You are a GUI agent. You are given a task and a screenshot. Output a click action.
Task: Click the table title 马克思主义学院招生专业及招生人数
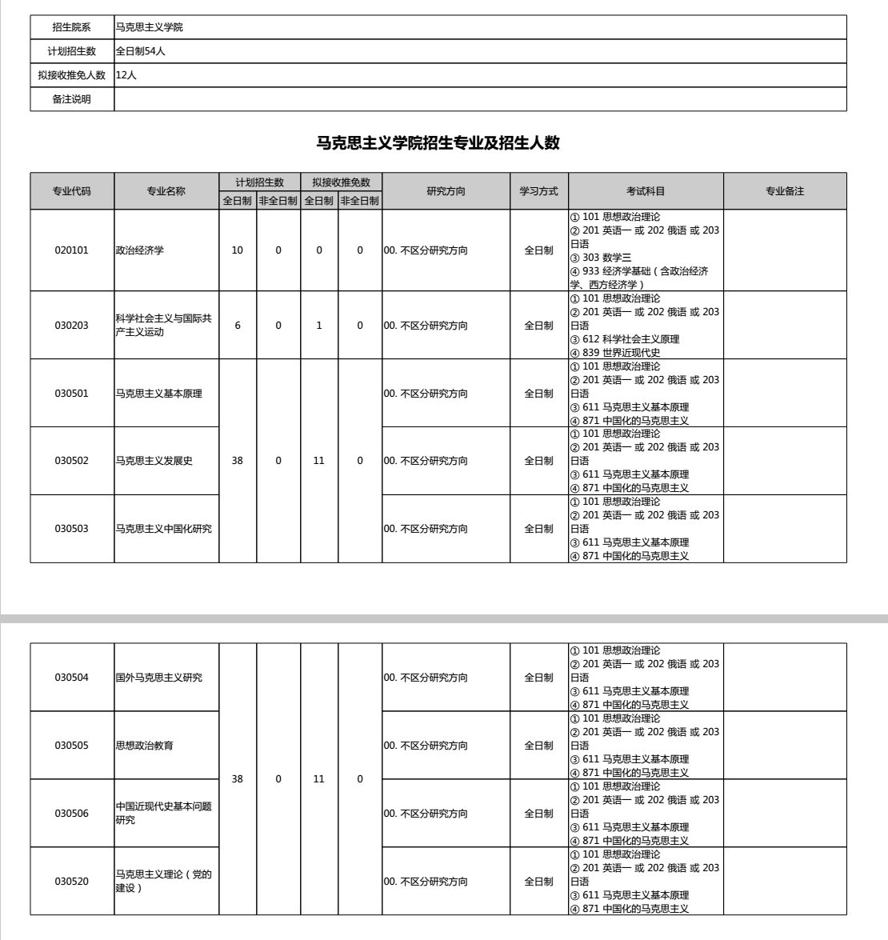point(438,144)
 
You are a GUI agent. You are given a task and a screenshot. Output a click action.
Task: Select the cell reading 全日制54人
point(141,51)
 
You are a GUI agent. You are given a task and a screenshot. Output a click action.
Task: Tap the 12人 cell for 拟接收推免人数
point(126,75)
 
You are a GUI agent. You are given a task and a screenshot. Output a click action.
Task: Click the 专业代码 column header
point(72,191)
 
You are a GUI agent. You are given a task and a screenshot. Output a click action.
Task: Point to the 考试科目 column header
point(646,191)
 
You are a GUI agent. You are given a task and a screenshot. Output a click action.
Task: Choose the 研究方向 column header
point(446,191)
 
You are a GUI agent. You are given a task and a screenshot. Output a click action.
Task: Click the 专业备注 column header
point(785,191)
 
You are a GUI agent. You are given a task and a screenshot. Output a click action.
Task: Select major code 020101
point(72,250)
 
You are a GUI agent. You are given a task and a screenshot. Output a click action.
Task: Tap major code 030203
point(72,326)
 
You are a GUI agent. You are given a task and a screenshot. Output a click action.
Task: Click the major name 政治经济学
point(140,250)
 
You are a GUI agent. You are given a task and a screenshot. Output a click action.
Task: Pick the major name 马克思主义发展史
point(154,461)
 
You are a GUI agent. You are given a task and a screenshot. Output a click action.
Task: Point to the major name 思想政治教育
point(145,746)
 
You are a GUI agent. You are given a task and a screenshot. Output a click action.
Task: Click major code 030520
point(72,882)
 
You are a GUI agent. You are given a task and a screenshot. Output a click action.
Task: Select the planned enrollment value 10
point(238,250)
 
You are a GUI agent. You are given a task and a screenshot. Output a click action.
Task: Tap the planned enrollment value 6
point(238,326)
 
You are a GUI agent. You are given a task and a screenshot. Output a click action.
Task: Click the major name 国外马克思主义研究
point(159,678)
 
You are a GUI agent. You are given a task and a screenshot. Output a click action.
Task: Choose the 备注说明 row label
point(72,99)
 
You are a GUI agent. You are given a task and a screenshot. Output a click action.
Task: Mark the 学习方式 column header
point(539,191)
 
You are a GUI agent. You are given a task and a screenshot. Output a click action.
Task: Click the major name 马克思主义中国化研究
point(164,529)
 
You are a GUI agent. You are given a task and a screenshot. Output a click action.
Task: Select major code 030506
point(72,814)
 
